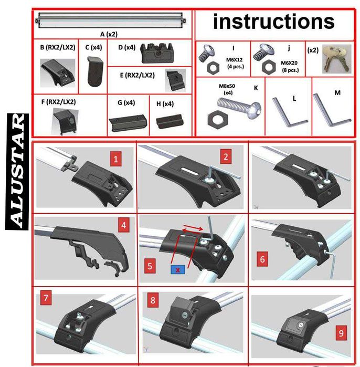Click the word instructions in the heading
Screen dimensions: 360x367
[274, 22]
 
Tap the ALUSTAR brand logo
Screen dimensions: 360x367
[17, 172]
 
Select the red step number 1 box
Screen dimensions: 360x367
[116, 159]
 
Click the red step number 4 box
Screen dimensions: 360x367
[124, 225]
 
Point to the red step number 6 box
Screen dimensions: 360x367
[262, 259]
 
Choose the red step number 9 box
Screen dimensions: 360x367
[341, 332]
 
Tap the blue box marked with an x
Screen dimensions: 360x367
[178, 270]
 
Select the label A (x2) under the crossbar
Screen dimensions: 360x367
[109, 35]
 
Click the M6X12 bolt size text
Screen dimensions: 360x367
[235, 60]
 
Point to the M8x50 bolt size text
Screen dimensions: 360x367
[227, 86]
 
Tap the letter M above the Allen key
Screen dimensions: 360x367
[337, 93]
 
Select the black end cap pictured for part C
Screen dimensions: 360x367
[95, 71]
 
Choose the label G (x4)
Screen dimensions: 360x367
[126, 103]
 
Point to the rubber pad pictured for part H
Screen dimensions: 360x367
[170, 121]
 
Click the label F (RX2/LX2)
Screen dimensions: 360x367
[58, 102]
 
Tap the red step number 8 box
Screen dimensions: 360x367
[153, 300]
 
